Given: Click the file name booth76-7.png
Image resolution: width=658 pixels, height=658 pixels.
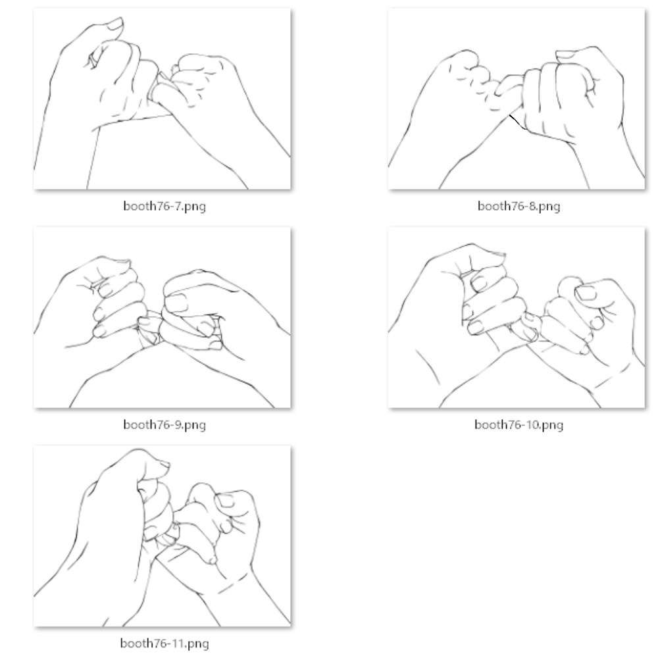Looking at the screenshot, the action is coord(164,206).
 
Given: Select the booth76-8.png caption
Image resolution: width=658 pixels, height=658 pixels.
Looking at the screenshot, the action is coord(519,206).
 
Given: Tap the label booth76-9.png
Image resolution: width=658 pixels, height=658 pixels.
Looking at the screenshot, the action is coord(164,424).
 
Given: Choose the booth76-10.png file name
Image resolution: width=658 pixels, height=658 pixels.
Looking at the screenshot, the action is coord(519,424).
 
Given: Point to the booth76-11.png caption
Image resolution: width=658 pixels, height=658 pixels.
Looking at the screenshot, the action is coord(164,644).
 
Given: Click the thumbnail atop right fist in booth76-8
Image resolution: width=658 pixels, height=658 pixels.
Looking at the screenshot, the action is coord(567,55).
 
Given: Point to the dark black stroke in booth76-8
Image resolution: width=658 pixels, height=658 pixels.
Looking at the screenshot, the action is coord(518,122).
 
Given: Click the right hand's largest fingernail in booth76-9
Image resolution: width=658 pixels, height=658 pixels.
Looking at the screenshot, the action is coord(176,302).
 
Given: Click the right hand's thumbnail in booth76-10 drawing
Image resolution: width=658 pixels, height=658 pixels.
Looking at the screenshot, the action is coord(586,293).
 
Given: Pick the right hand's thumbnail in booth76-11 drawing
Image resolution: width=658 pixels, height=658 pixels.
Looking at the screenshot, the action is coord(225,501).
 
